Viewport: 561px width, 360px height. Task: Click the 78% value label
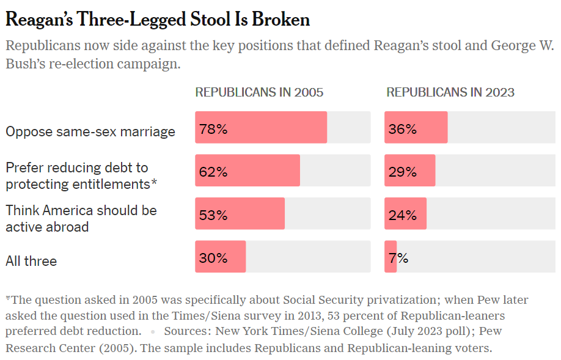click(213, 129)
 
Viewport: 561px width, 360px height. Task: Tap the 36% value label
click(402, 129)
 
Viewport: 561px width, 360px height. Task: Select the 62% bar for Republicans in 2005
click(248, 171)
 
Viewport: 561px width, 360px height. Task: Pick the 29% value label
click(402, 172)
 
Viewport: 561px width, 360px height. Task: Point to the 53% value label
click(213, 215)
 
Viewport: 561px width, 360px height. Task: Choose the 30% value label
click(213, 258)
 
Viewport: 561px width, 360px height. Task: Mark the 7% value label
click(398, 258)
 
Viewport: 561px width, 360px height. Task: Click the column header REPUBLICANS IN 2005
click(259, 93)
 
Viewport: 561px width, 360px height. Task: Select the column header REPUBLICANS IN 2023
click(450, 93)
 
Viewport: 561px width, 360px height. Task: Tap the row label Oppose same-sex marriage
click(90, 131)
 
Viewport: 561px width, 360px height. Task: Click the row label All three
click(31, 261)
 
